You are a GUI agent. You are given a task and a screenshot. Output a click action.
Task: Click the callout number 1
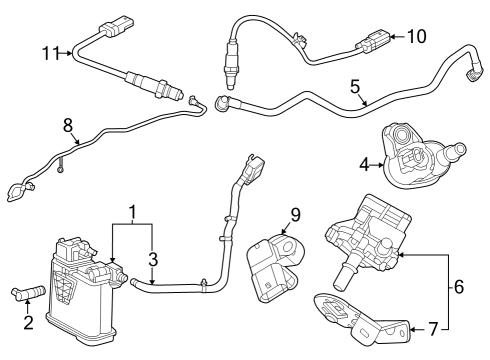point(132,213)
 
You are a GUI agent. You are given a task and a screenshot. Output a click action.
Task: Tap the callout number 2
point(28,321)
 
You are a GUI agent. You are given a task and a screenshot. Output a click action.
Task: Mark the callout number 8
point(68,127)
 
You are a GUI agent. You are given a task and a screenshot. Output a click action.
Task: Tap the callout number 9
point(294,213)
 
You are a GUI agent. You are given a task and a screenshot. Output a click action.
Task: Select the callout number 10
point(416,37)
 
